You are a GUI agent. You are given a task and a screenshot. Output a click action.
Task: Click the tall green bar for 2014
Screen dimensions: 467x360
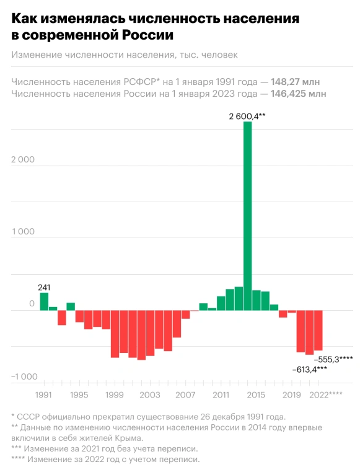(247, 216)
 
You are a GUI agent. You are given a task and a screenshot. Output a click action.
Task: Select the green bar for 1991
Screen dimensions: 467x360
(44, 301)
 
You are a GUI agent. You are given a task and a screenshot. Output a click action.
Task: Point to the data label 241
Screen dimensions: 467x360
(44, 287)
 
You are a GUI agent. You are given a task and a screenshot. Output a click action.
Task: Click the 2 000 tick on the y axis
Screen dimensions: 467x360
(23, 160)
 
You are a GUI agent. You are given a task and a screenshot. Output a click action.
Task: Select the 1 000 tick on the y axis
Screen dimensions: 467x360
(23, 232)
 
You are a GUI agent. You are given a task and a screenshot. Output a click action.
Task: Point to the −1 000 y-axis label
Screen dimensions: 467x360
(24, 376)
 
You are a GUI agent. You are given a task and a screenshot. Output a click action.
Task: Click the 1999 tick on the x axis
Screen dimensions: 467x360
(115, 394)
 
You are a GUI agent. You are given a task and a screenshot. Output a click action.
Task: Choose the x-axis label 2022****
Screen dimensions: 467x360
(326, 394)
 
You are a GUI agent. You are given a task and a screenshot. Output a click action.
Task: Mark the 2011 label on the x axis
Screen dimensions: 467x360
(221, 394)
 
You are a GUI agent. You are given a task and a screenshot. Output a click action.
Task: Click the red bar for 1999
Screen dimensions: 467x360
(115, 334)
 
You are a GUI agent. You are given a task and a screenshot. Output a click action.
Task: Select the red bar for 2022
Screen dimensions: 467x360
(318, 331)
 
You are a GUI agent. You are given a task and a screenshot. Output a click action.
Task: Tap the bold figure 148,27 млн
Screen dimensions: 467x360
(295, 81)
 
